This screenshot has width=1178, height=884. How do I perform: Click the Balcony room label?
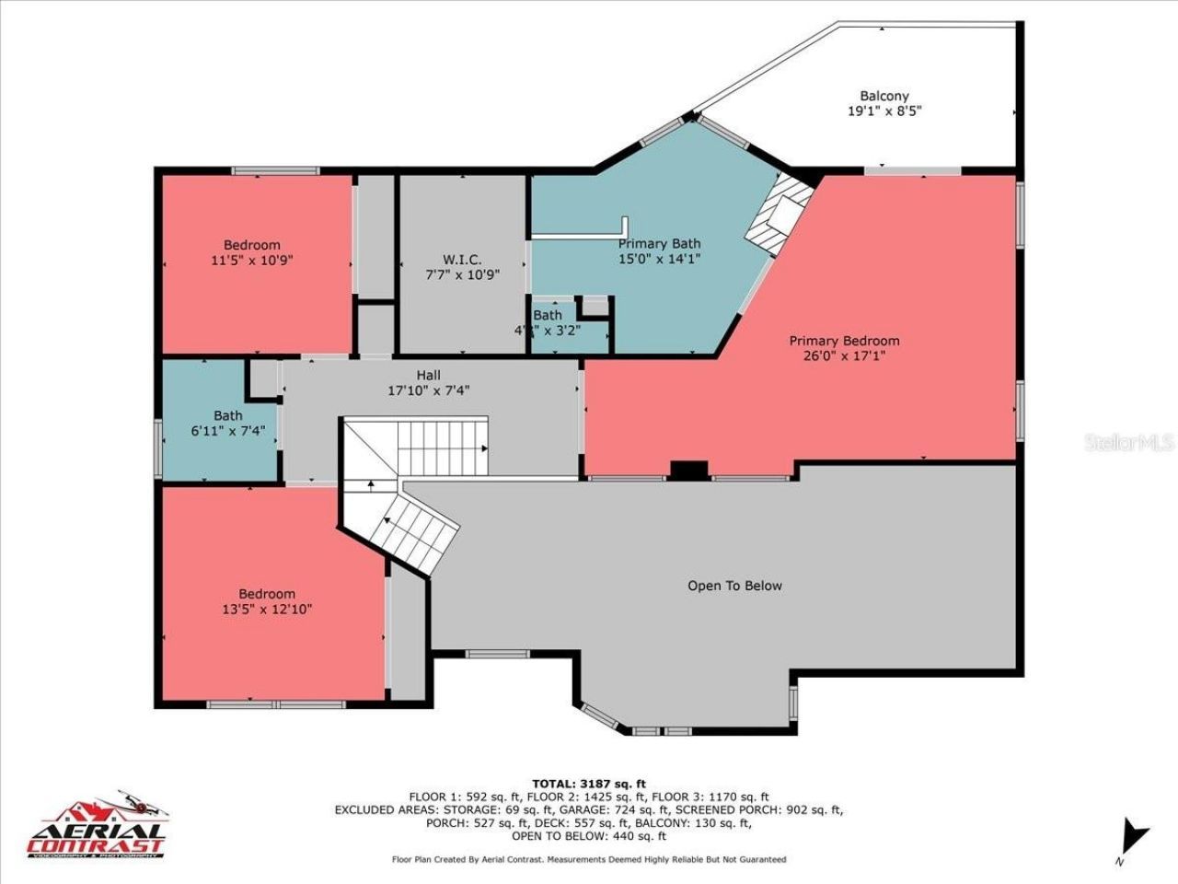(883, 96)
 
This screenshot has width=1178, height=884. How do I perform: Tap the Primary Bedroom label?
(844, 341)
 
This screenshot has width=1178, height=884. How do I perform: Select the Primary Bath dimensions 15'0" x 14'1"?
(659, 259)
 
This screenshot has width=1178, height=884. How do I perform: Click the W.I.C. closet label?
(461, 260)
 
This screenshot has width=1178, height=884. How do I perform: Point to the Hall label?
(428, 375)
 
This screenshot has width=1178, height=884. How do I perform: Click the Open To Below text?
(734, 586)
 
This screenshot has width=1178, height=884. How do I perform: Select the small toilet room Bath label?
(548, 315)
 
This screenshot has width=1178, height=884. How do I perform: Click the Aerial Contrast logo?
(98, 826)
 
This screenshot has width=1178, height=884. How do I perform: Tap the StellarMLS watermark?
(1128, 443)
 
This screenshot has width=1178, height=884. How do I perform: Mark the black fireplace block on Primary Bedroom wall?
(688, 470)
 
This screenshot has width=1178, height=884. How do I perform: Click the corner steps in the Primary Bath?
(779, 215)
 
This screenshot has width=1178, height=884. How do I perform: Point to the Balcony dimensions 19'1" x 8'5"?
(883, 110)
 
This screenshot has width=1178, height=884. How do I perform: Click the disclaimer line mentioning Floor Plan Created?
(588, 859)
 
